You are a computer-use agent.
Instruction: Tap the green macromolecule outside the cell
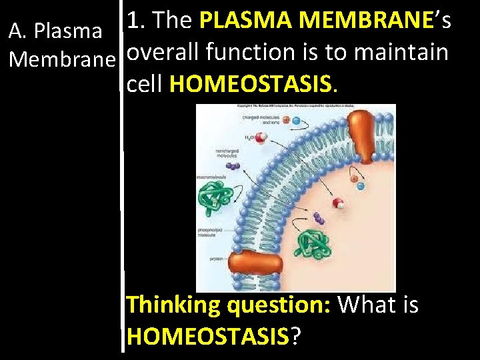pyautogui.click(x=217, y=197)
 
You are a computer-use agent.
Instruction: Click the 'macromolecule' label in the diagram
pyautogui.click(x=212, y=177)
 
